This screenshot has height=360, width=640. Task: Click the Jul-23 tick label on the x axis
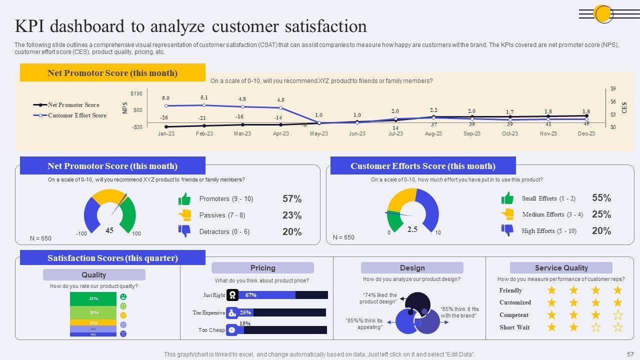coord(395,134)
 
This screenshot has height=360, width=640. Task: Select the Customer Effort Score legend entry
coord(77,115)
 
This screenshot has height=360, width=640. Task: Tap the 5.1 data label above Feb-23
coord(204,98)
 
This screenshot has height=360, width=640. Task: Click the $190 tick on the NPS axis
coord(136,94)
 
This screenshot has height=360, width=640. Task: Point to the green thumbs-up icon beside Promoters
coord(184,199)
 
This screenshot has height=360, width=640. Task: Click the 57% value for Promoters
coord(292,199)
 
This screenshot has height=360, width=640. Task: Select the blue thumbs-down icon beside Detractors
coord(184,231)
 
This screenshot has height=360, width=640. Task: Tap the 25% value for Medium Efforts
coord(601,214)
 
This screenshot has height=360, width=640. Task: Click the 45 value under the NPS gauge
coord(109,230)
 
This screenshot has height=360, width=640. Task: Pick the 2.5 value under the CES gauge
coord(412,229)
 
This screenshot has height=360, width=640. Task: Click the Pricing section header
coord(262,268)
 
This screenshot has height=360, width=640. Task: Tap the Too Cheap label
coord(211,330)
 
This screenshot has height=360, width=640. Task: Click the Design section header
coord(412,268)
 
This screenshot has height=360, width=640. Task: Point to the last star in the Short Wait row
coord(618,327)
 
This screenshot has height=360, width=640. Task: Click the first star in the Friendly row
coord(551,290)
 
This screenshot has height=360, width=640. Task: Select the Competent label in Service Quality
coord(513,315)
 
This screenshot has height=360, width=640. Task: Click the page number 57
coord(630,354)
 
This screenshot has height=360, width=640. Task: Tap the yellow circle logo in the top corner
coord(603,14)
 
